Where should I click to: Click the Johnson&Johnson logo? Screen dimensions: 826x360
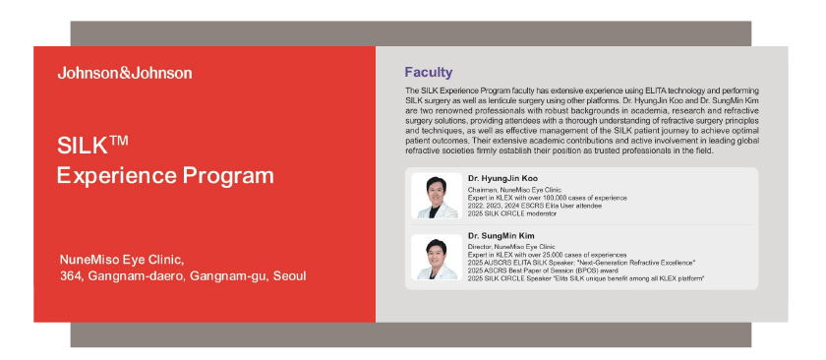coord(125,73)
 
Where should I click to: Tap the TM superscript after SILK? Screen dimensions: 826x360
coord(120,141)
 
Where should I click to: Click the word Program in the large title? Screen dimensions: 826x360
coord(228,176)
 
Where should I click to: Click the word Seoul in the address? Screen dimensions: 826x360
coord(289,276)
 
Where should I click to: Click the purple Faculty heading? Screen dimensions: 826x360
coord(429,72)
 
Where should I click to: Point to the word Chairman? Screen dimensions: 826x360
coord(479,190)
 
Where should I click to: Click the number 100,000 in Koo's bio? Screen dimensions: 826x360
coord(549,198)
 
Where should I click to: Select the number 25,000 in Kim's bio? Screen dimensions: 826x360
coord(548,254)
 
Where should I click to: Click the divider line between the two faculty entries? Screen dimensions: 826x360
coord(581,224)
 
